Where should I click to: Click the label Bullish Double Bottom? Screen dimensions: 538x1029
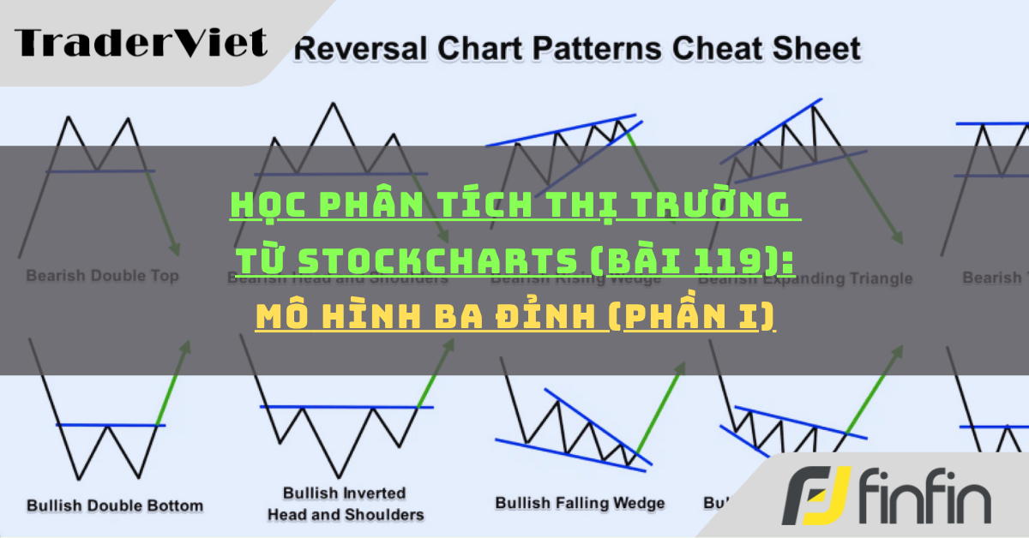[115, 505]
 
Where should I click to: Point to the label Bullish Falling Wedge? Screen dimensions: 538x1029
[580, 503]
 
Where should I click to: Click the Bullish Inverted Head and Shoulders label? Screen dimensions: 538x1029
[346, 504]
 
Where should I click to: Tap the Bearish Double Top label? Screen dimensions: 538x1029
[102, 277]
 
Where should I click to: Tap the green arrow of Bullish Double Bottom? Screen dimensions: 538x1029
[173, 384]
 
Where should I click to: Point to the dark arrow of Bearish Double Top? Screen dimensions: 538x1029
[165, 214]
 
